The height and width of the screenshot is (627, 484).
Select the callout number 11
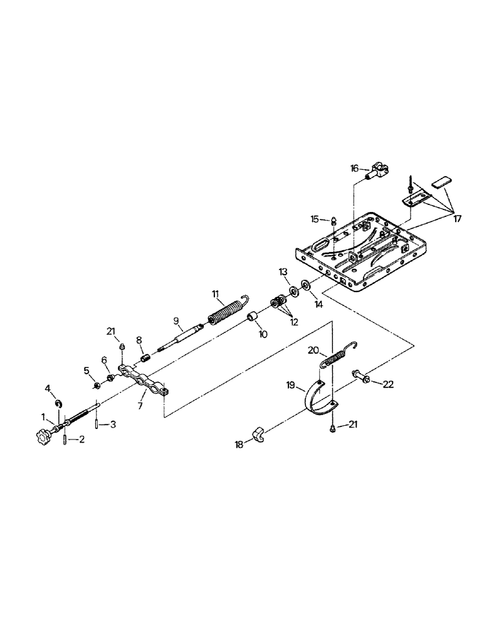[214, 293]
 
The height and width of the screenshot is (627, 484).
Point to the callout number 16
[354, 169]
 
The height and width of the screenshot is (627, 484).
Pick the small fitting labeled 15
[334, 221]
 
